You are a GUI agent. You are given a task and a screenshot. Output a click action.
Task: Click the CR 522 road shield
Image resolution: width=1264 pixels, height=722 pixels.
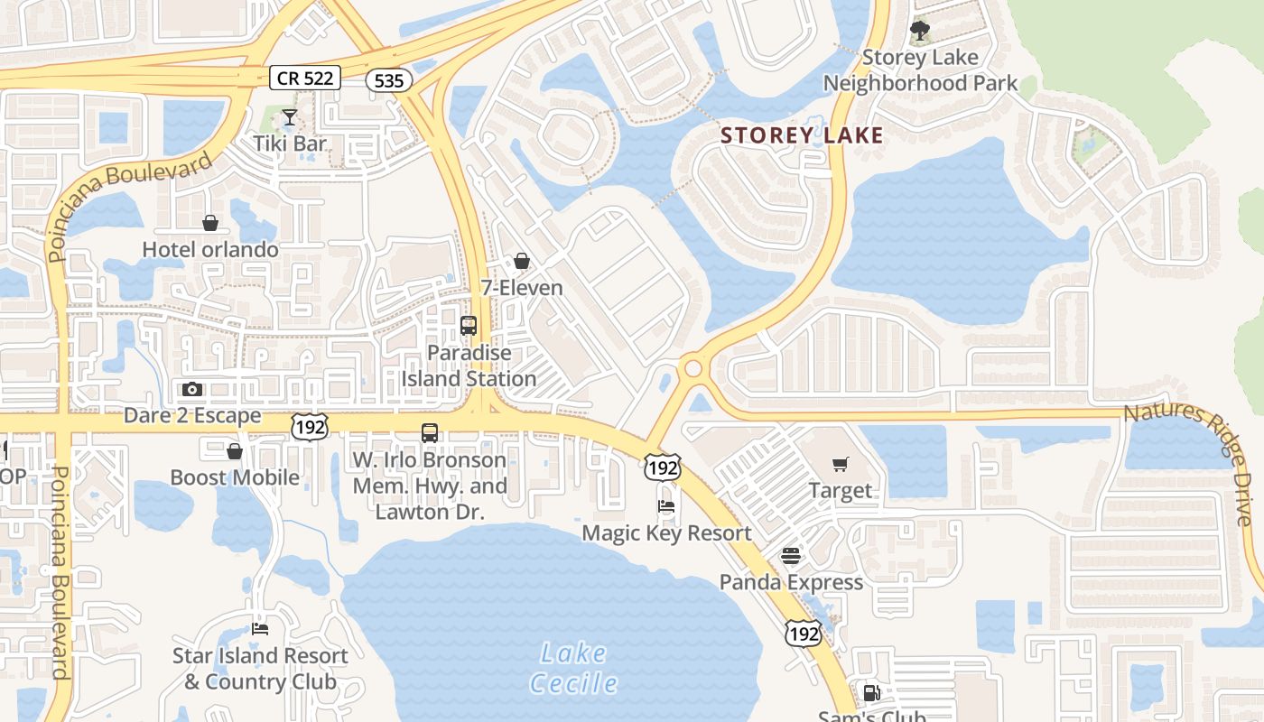click(x=305, y=78)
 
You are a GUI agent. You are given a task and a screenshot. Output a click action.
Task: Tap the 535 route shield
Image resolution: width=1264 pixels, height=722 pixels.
click(x=388, y=80)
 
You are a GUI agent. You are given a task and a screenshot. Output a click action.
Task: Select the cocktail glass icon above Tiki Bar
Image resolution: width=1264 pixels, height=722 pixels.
click(x=289, y=117)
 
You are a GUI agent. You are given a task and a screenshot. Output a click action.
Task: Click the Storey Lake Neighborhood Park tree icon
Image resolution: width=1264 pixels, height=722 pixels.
click(x=920, y=32)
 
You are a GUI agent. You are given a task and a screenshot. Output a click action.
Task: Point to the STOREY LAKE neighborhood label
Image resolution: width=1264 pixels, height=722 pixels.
click(x=802, y=135)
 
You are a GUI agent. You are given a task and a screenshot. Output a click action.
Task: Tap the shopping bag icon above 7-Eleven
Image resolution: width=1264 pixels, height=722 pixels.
click(x=522, y=262)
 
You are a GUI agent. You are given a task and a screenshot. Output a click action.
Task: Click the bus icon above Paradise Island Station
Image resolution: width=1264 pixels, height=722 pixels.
click(x=469, y=326)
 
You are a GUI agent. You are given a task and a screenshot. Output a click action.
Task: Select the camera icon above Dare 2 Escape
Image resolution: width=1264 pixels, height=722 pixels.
click(x=192, y=390)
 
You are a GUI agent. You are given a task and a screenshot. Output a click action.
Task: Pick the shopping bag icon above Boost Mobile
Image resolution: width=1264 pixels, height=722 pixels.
click(x=235, y=451)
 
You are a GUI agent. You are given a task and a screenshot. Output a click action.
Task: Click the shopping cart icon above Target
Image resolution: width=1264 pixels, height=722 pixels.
click(x=841, y=465)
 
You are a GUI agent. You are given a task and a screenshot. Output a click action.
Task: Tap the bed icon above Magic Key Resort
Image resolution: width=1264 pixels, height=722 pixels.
click(x=666, y=506)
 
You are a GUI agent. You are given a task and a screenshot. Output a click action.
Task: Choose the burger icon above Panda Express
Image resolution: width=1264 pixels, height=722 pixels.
click(x=791, y=555)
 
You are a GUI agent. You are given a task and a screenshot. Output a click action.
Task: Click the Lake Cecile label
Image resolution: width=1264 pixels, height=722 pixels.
click(x=574, y=668)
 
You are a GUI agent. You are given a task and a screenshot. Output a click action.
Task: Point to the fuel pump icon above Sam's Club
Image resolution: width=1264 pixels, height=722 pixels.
click(x=872, y=693)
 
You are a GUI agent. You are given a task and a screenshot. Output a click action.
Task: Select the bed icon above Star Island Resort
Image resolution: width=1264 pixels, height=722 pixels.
click(x=260, y=629)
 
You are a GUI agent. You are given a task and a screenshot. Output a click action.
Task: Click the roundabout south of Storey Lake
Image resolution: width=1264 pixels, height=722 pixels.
click(x=693, y=368)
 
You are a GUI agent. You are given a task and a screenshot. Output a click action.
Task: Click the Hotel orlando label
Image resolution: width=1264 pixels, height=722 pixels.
click(x=210, y=249)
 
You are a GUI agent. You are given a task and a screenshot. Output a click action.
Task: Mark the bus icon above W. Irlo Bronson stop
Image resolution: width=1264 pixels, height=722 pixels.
click(x=430, y=433)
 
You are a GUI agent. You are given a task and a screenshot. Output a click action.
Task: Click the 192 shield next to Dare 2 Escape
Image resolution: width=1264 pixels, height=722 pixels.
click(x=309, y=426)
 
